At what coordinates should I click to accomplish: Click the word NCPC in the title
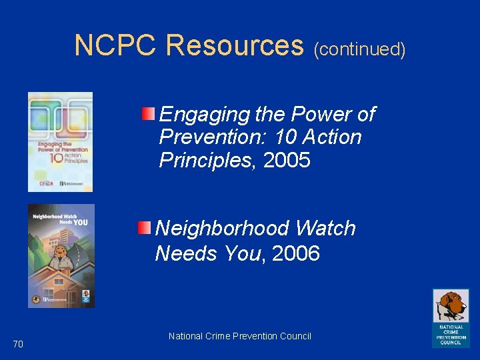(115, 45)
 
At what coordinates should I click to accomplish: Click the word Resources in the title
(234, 45)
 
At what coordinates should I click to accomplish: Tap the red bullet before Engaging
(149, 113)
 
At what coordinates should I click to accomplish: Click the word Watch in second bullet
(325, 229)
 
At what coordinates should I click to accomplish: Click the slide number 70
(18, 344)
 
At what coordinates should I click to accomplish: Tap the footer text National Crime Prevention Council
(240, 336)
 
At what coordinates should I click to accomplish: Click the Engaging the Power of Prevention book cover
(60, 142)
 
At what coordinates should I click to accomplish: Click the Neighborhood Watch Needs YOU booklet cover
(61, 255)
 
